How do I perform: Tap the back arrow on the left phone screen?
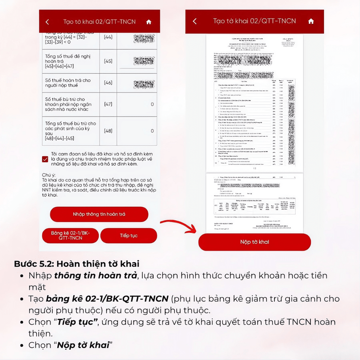pyautogui.click(x=48, y=22)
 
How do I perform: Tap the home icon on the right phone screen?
pyautogui.click(x=311, y=21)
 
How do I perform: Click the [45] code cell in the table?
pyautogui.click(x=108, y=61)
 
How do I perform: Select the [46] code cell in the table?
pyautogui.click(x=108, y=83)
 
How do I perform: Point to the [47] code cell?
pyautogui.click(x=108, y=104)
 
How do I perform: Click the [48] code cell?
pyautogui.click(x=108, y=131)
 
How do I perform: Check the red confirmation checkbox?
pyautogui.click(x=45, y=159)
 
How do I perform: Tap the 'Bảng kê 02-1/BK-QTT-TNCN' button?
pyautogui.click(x=70, y=235)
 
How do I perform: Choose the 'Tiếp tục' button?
pyautogui.click(x=129, y=235)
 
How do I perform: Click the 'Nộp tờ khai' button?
pyautogui.click(x=254, y=242)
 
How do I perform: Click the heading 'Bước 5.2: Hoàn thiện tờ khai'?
pyautogui.click(x=77, y=264)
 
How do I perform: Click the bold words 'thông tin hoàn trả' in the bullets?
pyautogui.click(x=95, y=275)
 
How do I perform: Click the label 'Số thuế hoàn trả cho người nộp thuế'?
pyautogui.click(x=67, y=83)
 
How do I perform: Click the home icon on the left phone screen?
pyautogui.click(x=149, y=22)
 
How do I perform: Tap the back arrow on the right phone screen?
pyautogui.click(x=195, y=21)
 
